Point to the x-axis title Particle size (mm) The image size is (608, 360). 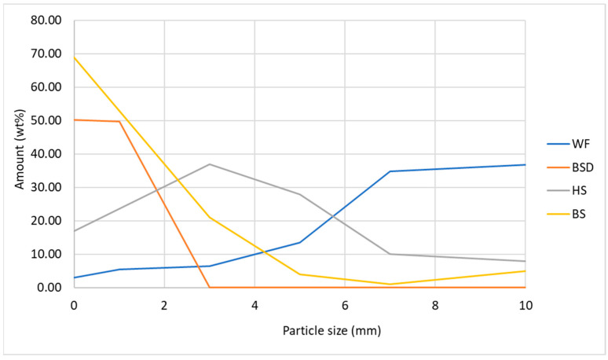click(299, 331)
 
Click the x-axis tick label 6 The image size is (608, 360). click(345, 303)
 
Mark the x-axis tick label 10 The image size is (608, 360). click(526, 303)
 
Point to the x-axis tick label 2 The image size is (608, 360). click(164, 303)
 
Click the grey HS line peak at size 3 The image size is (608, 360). click(209, 164)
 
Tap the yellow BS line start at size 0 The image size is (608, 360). click(74, 57)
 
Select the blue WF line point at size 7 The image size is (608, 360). click(390, 171)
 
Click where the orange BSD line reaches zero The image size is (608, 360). click(209, 287)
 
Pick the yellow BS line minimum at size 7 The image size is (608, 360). click(390, 284)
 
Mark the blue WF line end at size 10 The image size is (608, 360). click(526, 164)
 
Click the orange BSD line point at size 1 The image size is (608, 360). click(119, 121)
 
